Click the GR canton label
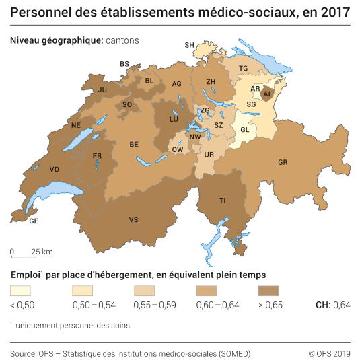(283, 162)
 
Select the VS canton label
(134, 219)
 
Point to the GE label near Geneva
(34, 221)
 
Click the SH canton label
(190, 45)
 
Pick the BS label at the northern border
(124, 64)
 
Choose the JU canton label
(103, 89)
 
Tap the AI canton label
(266, 94)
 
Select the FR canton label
(97, 156)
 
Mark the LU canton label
(174, 118)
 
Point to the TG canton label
(244, 69)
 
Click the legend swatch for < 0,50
(21, 291)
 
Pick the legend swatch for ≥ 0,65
(268, 291)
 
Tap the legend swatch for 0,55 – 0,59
(145, 291)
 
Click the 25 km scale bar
(25, 256)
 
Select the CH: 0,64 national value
(333, 305)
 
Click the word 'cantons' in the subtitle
(122, 40)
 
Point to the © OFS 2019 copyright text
(330, 353)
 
